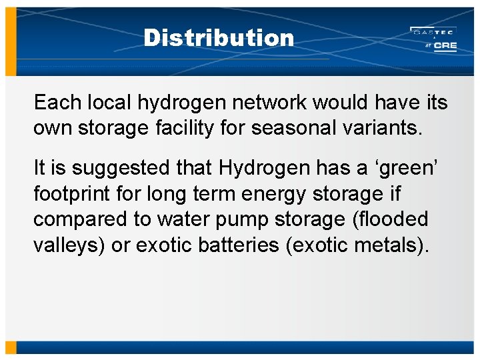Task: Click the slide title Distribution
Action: [x=218, y=38]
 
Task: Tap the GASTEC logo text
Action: [x=433, y=31]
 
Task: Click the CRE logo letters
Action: [x=444, y=46]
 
